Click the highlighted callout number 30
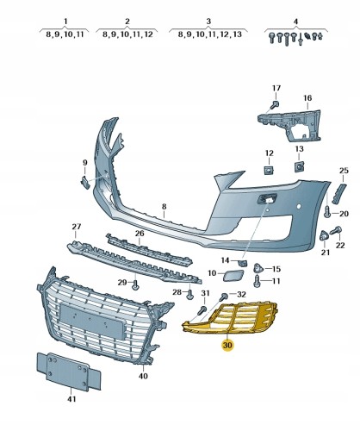point(227,347)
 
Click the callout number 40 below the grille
point(143,376)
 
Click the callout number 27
point(76,228)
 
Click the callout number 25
point(343,171)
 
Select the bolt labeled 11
point(258,279)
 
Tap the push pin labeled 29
point(135,284)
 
